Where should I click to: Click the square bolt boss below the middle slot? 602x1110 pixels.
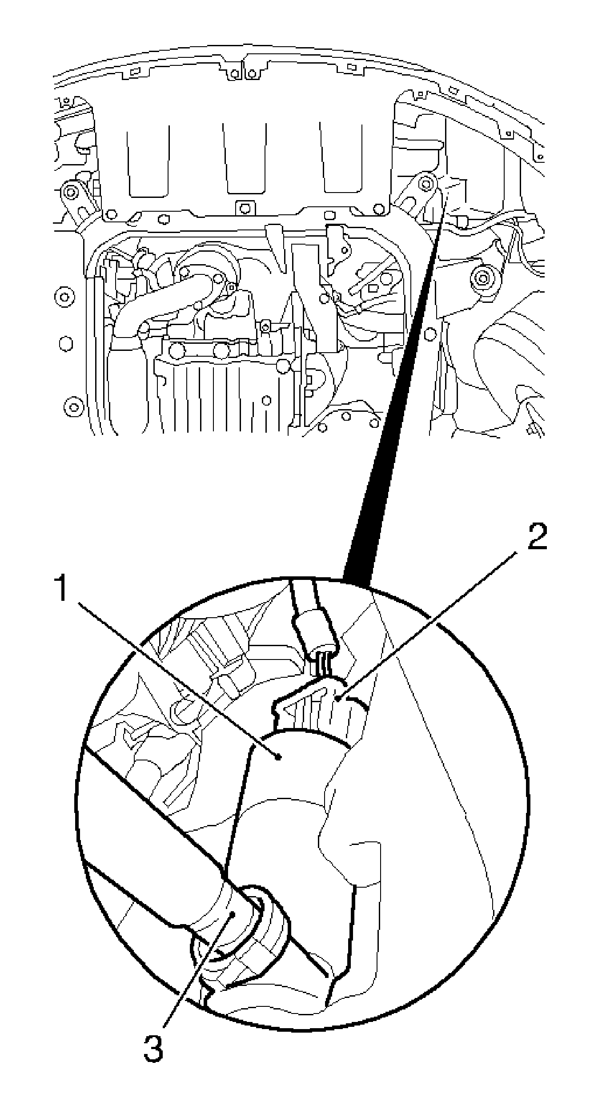coord(243,207)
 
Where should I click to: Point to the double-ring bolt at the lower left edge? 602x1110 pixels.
coord(73,406)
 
